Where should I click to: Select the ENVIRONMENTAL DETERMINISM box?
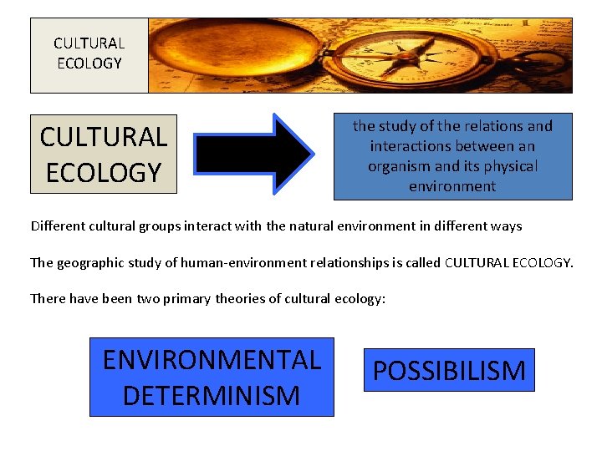212,377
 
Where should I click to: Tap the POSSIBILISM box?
449,370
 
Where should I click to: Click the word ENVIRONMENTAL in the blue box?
212,360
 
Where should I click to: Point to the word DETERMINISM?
212,394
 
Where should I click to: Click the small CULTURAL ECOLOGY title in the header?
89,53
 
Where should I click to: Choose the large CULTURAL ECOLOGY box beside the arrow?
104,154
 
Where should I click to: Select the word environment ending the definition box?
452,186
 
